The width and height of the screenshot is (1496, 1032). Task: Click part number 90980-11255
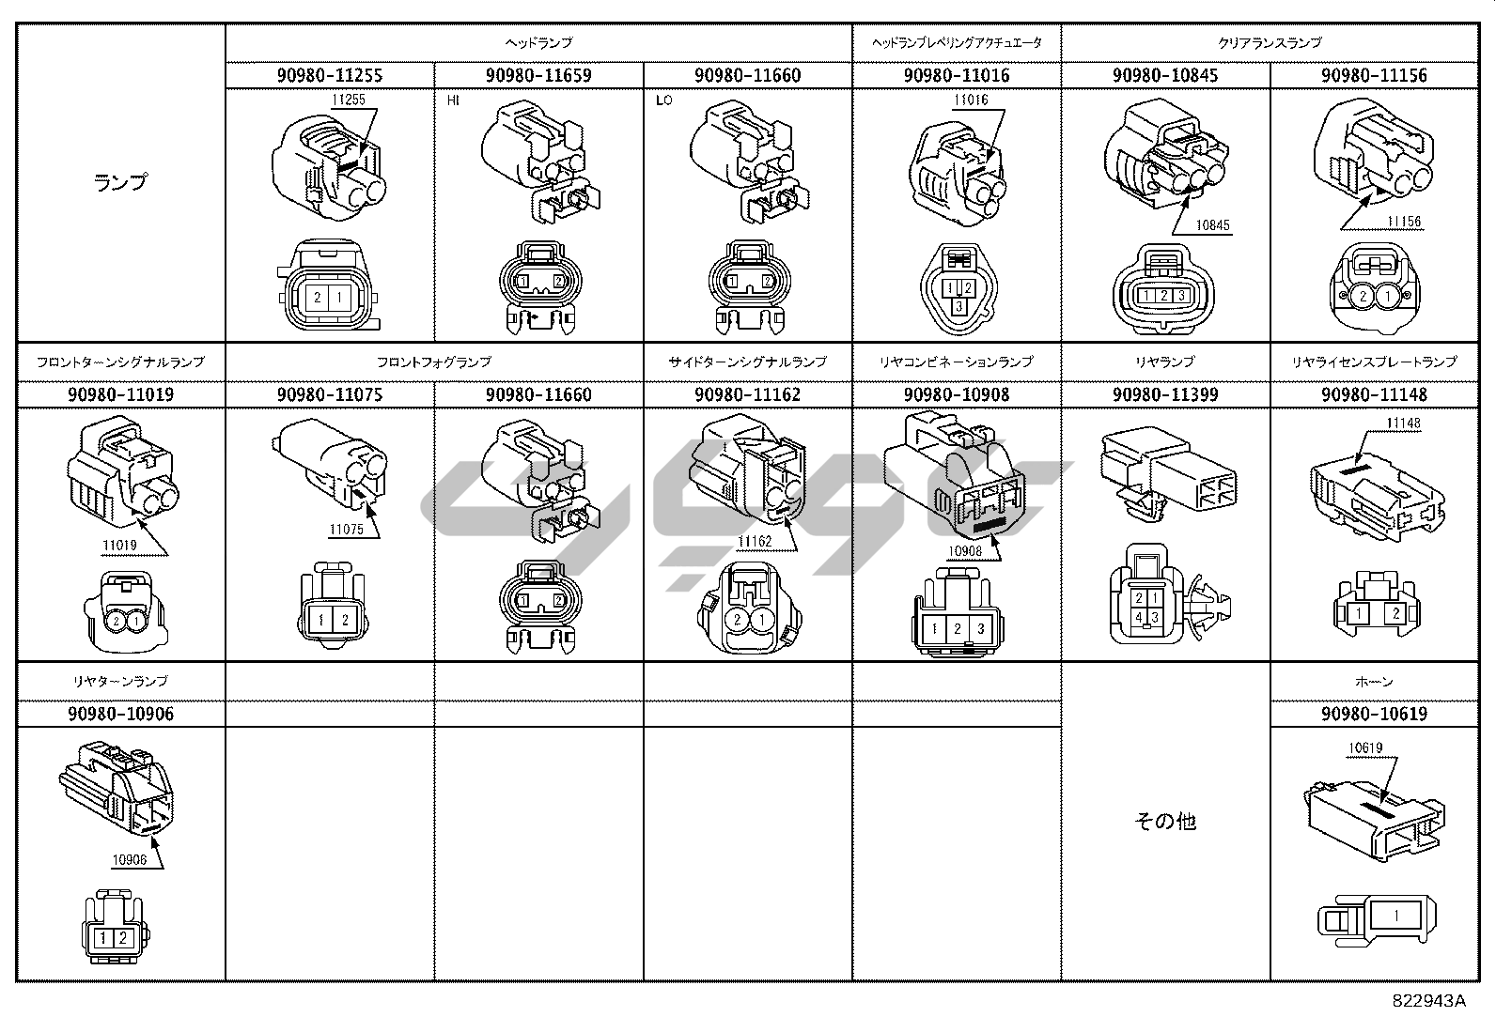click(x=330, y=75)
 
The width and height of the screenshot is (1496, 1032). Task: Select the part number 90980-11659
click(x=538, y=75)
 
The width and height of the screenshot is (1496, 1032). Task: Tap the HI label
click(x=453, y=100)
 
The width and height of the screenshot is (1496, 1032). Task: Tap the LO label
click(x=663, y=100)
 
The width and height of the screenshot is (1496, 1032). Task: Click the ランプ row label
click(x=121, y=182)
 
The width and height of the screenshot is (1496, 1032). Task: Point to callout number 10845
click(x=1212, y=225)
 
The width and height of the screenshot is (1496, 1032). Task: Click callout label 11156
click(x=1405, y=223)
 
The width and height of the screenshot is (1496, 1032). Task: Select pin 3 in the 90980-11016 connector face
click(x=958, y=306)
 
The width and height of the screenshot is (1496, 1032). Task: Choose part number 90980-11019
click(x=121, y=394)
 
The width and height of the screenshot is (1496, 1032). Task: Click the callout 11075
click(x=346, y=530)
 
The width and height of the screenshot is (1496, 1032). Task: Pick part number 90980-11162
click(x=747, y=394)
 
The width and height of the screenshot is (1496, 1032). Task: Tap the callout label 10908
click(x=964, y=551)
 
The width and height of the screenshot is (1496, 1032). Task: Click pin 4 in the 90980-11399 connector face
click(x=1138, y=616)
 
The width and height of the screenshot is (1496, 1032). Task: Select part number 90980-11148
click(x=1373, y=394)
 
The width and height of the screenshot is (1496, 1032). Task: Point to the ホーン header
click(x=1373, y=681)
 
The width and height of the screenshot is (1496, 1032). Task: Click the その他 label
click(x=1164, y=821)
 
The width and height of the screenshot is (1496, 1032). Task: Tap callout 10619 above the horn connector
click(x=1365, y=748)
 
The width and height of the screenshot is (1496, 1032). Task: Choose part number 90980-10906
click(x=121, y=714)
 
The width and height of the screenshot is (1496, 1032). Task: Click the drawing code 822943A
click(x=1428, y=1000)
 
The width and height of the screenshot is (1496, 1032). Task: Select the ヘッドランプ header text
click(x=538, y=42)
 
